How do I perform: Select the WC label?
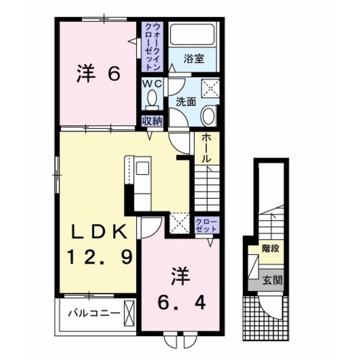pyautogui.click(x=151, y=83)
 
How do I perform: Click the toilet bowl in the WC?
pyautogui.click(x=151, y=100)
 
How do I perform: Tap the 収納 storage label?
pyautogui.click(x=151, y=120)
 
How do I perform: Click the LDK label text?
pyautogui.click(x=99, y=232)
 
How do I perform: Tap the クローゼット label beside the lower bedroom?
pyautogui.click(x=205, y=226)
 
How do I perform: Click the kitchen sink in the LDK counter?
pyautogui.click(x=142, y=168)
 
